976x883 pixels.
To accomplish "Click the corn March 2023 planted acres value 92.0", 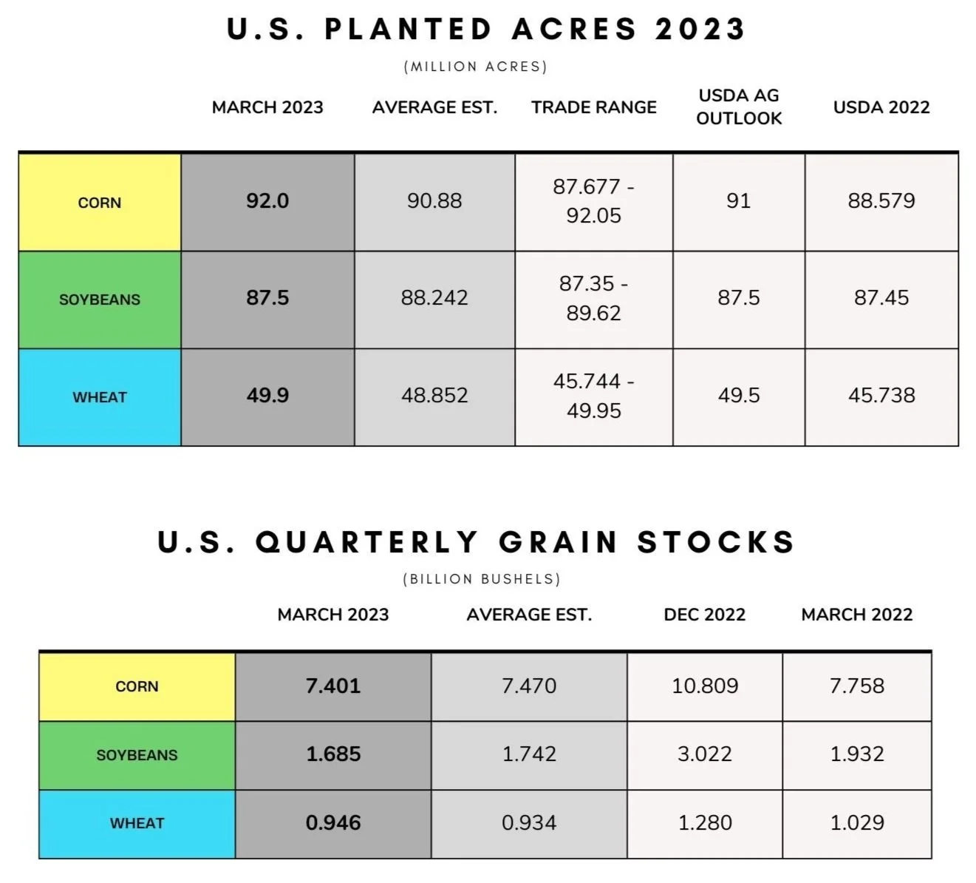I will click(267, 201).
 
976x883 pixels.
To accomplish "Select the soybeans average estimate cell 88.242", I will click(434, 298).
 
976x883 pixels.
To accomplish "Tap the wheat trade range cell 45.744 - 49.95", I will click(593, 396).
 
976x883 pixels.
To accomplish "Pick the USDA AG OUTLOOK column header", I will click(739, 106).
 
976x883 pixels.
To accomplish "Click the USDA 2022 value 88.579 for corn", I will click(881, 201).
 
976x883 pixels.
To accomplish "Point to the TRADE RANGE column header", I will click(593, 107).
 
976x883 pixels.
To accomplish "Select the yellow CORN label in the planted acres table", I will click(100, 203).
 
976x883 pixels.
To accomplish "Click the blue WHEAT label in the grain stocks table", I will click(137, 823).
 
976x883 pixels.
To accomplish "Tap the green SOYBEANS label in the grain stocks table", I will click(137, 755).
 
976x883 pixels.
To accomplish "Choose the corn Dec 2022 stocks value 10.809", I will click(705, 686).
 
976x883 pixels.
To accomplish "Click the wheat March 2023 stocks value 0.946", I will click(333, 823).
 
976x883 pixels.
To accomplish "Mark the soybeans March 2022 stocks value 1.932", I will click(856, 754).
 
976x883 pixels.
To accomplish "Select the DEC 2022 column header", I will click(705, 615).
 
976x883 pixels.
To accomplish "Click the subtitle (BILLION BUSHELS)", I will click(482, 579).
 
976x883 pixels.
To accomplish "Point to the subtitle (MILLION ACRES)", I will click(476, 67).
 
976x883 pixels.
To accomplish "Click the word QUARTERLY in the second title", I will click(367, 542).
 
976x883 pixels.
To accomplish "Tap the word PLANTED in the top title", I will click(408, 30).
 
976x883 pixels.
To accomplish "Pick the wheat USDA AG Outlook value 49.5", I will click(739, 396).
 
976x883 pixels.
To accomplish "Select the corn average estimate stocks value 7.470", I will click(529, 686).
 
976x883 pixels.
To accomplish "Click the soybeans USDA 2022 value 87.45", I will click(881, 298).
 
